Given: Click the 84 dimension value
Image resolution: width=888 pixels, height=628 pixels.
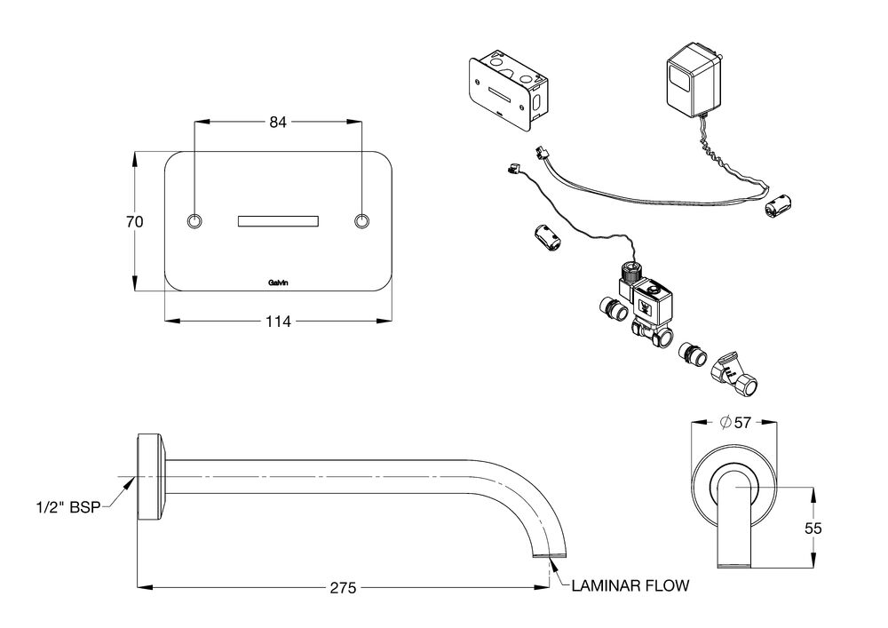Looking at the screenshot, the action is coord(277,122).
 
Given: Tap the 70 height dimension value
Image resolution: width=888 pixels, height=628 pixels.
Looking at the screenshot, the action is coord(134,221).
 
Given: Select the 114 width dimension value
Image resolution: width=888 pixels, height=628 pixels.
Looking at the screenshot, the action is coord(278,322).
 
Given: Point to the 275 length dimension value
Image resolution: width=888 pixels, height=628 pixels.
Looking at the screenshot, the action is coord(343,588).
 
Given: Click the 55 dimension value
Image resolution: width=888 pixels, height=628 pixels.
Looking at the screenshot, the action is coord(813,529).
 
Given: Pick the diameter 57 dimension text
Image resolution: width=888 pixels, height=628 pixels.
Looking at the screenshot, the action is coord(735,422).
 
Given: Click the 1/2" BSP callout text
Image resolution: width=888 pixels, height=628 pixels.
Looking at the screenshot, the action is coord(68,507).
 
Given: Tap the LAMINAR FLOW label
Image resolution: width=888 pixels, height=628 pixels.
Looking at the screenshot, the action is coord(630,585).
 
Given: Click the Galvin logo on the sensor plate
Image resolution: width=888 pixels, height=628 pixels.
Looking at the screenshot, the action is coord(278,283).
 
